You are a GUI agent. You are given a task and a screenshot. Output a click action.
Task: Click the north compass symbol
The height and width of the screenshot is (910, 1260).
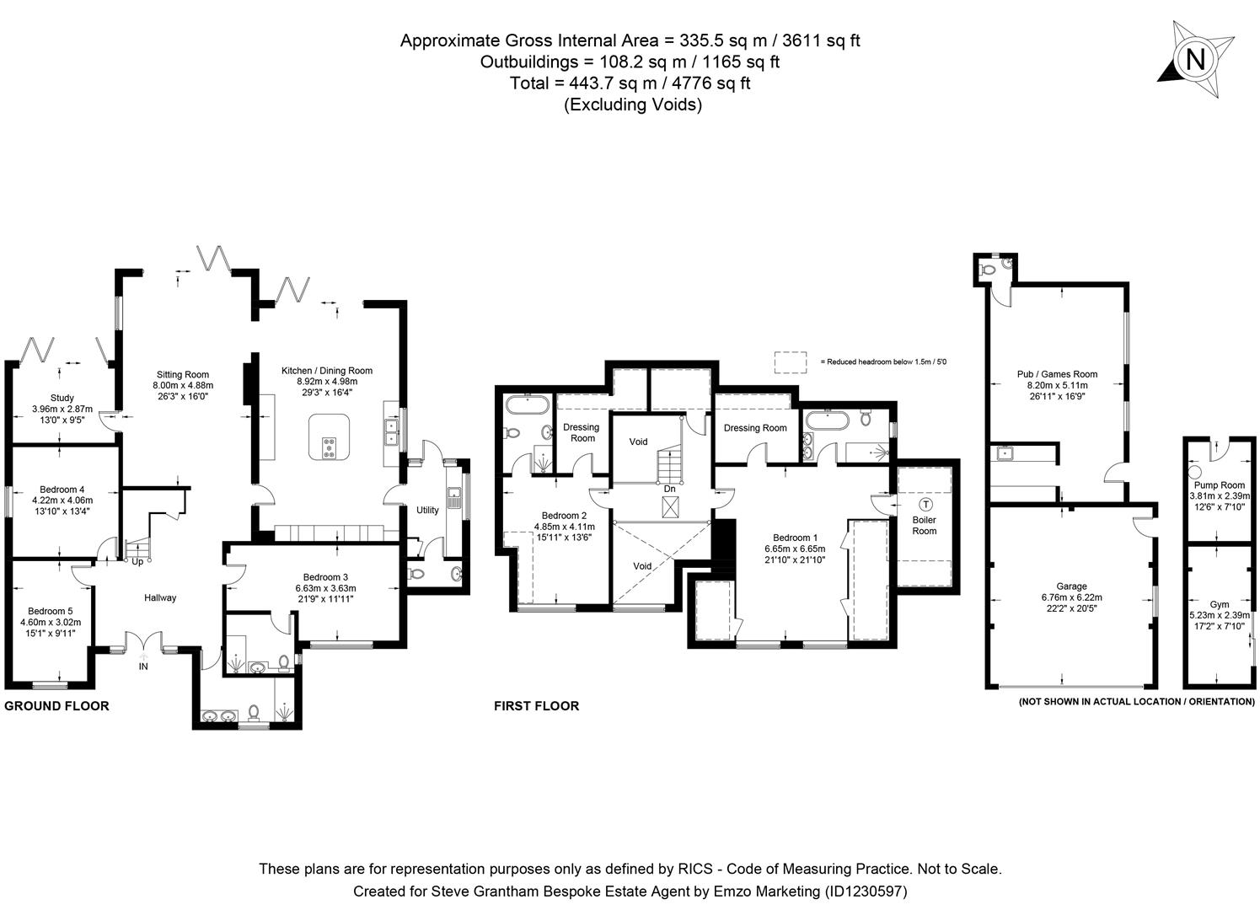tap(1194, 60)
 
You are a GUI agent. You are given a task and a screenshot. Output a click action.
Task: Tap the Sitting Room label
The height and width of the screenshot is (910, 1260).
tap(182, 375)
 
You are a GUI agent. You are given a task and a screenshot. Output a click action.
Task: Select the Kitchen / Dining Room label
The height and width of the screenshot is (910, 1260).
tap(327, 371)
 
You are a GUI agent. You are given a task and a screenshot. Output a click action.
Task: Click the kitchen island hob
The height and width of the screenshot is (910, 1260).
tap(327, 448)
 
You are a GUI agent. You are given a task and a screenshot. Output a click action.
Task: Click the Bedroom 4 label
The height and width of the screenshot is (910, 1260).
tap(62, 490)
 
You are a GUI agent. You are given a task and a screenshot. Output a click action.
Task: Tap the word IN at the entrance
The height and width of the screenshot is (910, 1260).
tap(143, 666)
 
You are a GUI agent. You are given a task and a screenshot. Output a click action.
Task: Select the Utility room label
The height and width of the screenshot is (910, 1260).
tap(427, 510)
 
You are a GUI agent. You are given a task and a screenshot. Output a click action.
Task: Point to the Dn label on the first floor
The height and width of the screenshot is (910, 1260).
tap(669, 489)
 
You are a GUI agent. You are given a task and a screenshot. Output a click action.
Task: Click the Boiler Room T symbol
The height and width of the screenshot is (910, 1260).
tap(925, 505)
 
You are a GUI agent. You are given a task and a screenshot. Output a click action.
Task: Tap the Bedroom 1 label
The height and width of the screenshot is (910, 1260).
tap(795, 538)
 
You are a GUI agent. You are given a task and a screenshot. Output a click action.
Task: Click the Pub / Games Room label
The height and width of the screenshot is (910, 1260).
tap(1057, 374)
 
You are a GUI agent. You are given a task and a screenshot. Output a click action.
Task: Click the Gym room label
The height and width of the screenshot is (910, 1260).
tap(1220, 604)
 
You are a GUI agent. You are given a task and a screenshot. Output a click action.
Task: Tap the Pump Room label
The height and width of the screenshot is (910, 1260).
tap(1220, 485)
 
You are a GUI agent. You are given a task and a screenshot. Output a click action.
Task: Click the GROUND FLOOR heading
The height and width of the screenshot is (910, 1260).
tap(57, 706)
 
